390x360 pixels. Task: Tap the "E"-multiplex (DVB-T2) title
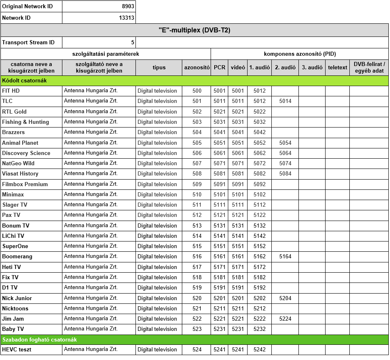[194, 30]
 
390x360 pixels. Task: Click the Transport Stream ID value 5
[133, 43]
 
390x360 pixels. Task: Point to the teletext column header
[337, 68]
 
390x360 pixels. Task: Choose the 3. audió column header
[312, 68]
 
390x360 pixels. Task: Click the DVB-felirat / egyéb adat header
[369, 68]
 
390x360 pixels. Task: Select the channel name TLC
[7, 101]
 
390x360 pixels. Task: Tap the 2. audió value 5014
[285, 101]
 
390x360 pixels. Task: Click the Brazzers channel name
[13, 132]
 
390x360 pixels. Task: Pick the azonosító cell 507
[197, 163]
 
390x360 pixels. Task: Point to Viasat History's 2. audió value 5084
[285, 174]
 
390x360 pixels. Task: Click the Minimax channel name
[13, 194]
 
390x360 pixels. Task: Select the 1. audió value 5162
[259, 257]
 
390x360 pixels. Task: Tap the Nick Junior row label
[17, 298]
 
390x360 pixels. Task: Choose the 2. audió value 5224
[285, 319]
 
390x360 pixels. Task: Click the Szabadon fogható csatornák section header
[39, 339]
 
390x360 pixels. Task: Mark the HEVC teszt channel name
[17, 350]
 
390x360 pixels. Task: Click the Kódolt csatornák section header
[24, 81]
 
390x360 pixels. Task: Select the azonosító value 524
[197, 350]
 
